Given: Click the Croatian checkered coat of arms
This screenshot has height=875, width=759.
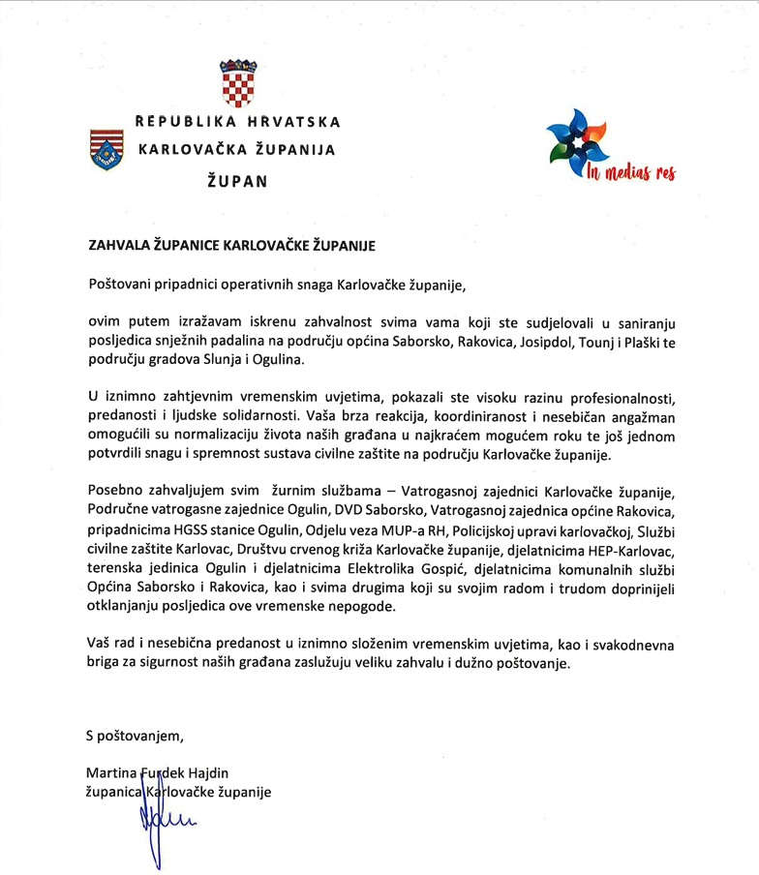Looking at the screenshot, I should (x=237, y=83).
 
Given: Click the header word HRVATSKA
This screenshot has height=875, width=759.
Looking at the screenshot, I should (x=291, y=122).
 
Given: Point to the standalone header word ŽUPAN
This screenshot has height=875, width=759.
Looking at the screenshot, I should (x=237, y=179).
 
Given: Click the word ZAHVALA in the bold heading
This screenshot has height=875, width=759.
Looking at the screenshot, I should (x=118, y=246).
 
